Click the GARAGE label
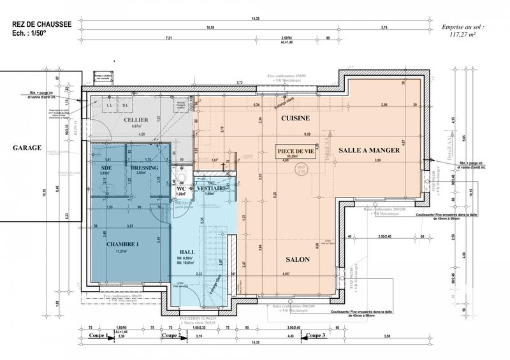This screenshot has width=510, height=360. tap(26, 147)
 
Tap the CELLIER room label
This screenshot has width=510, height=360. tap(136, 120)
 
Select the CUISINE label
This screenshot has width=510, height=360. tap(295, 118)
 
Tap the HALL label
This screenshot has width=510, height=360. tap(187, 251)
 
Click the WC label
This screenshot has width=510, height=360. tap(180, 189)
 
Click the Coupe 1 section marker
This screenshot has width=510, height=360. tap(99, 335)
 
